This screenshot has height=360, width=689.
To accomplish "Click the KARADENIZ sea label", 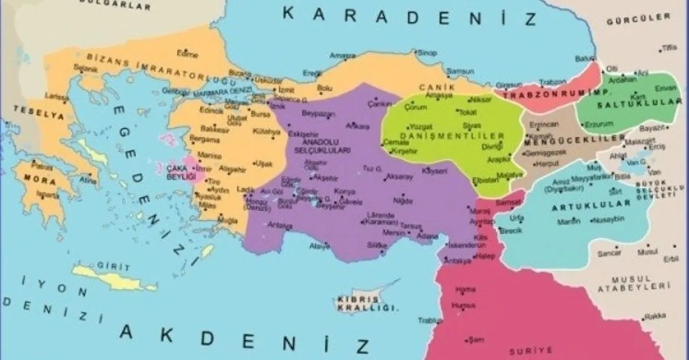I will point(410,16).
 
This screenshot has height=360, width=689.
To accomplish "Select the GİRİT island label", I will point(110,267).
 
